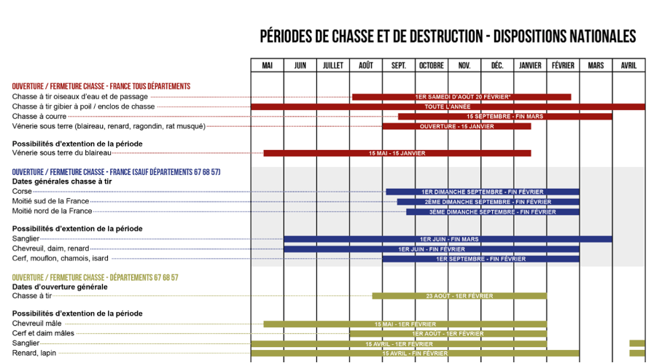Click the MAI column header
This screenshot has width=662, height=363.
point(267,66)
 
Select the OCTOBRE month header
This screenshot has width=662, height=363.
point(432,66)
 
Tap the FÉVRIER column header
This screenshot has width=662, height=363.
point(563,66)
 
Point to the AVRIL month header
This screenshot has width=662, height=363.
point(628,66)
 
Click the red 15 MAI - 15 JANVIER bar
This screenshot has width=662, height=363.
point(397,153)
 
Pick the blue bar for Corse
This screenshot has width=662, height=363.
point(482,192)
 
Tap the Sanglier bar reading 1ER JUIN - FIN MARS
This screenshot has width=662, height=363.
point(448,239)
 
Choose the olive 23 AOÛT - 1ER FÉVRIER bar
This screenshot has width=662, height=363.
point(459,296)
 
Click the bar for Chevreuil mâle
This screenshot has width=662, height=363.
point(405,324)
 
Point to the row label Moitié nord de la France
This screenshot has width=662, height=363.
point(52,211)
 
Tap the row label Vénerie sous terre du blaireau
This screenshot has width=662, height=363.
point(62,152)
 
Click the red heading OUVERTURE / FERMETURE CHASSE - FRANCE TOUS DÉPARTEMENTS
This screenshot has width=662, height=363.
point(101,86)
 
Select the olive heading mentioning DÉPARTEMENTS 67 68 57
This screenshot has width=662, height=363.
point(96,278)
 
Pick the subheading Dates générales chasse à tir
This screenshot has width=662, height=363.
point(62,181)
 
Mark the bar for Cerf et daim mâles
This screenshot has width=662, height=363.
point(448,334)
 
